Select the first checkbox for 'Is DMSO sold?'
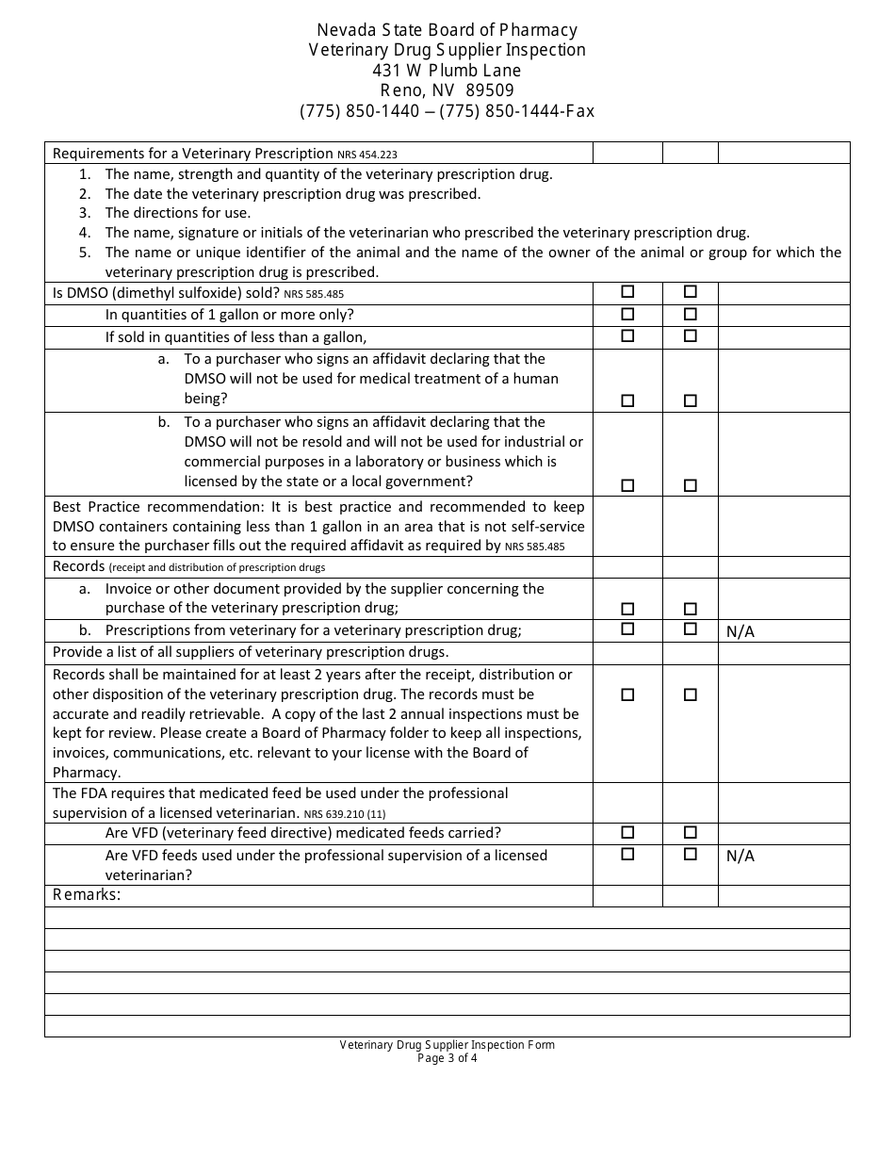click(x=627, y=292)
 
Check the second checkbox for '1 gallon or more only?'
click(x=691, y=314)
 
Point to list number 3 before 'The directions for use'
click(x=85, y=213)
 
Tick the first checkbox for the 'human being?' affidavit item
click(x=627, y=400)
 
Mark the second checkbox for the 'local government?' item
click(x=691, y=485)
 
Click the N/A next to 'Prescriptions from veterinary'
click(x=740, y=631)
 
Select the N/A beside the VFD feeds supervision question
click(x=740, y=857)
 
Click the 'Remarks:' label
click(x=87, y=895)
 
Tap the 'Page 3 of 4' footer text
click(x=447, y=1057)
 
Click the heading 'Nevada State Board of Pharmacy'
click(x=447, y=30)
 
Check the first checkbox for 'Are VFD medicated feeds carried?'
click(x=627, y=832)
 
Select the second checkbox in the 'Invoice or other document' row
click(x=691, y=609)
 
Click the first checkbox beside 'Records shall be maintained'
click(x=627, y=694)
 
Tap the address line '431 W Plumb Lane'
click(x=447, y=71)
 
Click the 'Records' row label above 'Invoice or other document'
click(x=78, y=566)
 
